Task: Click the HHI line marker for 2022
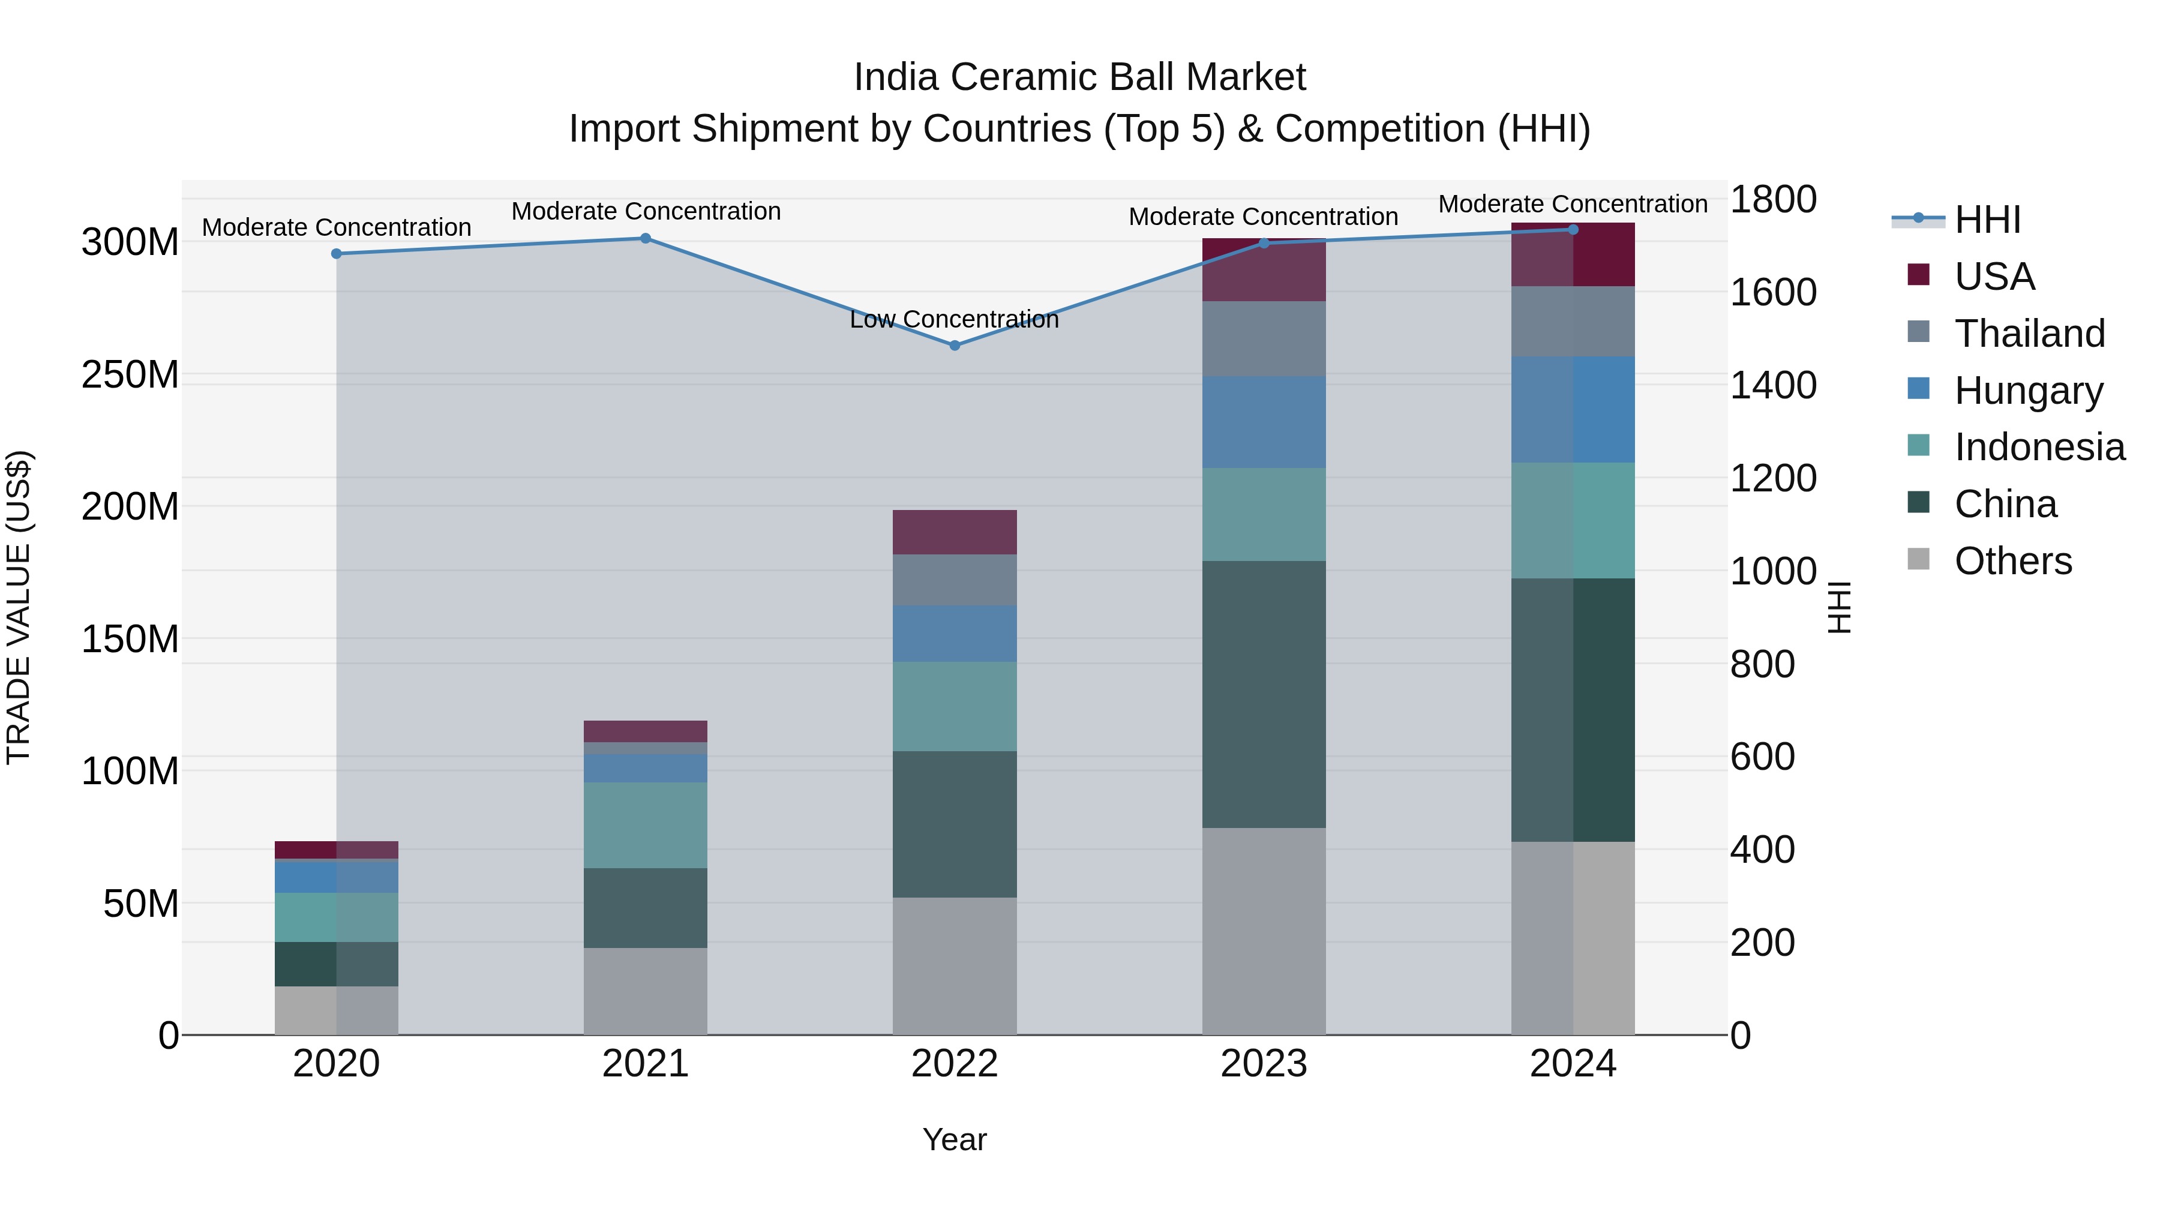coord(954,346)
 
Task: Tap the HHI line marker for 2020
coord(336,254)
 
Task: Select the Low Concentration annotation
coord(954,319)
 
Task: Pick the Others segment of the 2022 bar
coord(954,966)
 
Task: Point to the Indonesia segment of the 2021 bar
coord(645,825)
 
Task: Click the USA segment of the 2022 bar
coord(954,532)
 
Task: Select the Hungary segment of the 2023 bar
coord(1264,422)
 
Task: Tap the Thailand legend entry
coord(2029,334)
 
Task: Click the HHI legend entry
coord(1987,220)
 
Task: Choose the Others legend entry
coord(2012,561)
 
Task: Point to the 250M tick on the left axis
coord(130,375)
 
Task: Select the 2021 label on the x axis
coord(645,1064)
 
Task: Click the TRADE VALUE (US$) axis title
coord(19,607)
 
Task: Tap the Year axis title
coord(954,1139)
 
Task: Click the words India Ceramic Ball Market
coord(1079,77)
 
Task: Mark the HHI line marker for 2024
coord(1573,230)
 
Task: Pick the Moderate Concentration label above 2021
coord(646,211)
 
